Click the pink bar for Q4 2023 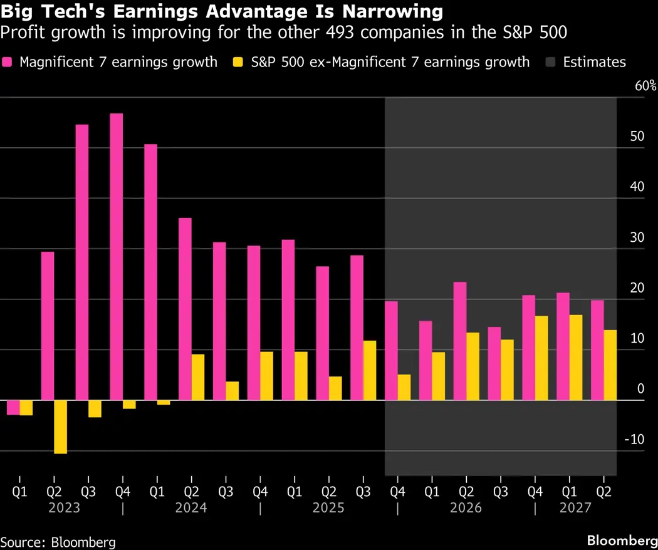click(x=117, y=257)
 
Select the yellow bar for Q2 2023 click(x=60, y=427)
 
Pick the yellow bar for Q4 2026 click(x=541, y=358)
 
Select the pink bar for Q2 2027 click(x=597, y=350)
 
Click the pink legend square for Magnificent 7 click(x=8, y=62)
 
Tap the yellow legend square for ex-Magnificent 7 click(x=237, y=62)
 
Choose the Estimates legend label click(x=594, y=62)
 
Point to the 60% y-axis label click(x=645, y=86)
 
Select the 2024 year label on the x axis click(x=192, y=507)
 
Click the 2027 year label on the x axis click(x=575, y=507)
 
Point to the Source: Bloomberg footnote click(x=58, y=542)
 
